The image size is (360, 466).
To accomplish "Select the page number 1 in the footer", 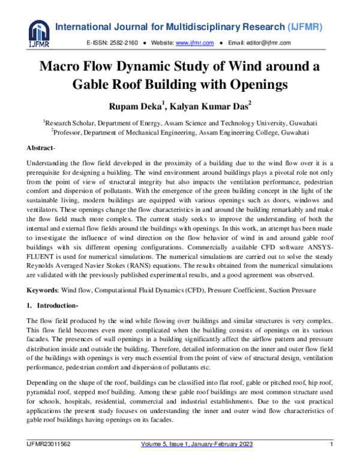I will (331, 444).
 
